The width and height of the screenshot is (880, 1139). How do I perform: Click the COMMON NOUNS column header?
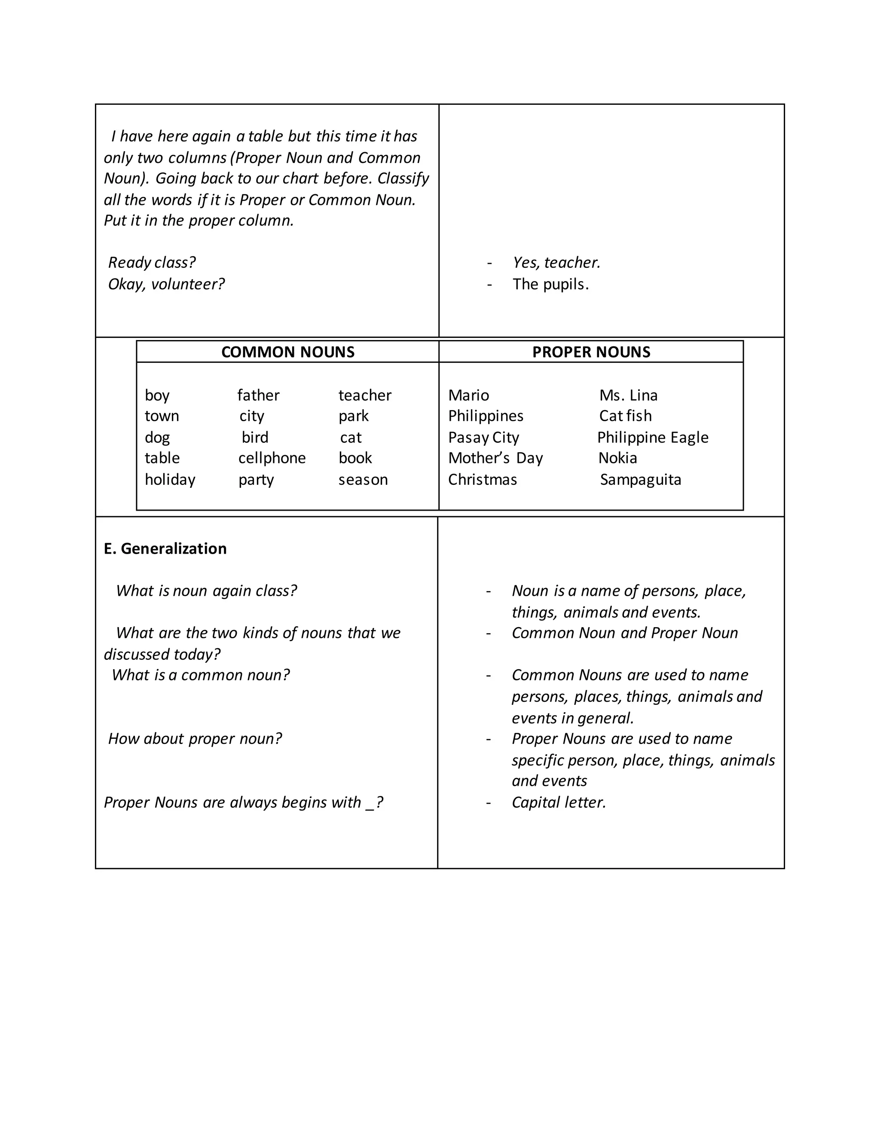(x=288, y=352)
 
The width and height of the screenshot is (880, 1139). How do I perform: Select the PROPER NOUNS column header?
(x=591, y=352)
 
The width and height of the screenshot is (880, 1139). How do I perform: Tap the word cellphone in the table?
(x=272, y=458)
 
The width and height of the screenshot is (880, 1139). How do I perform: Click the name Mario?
(x=468, y=395)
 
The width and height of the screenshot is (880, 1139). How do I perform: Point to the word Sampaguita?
(x=640, y=479)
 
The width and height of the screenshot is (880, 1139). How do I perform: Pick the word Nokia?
(x=618, y=458)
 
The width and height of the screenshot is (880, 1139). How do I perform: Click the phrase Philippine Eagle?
(x=653, y=437)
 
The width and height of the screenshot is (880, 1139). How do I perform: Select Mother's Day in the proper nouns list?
(x=495, y=458)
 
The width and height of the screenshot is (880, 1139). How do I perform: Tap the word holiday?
(x=170, y=479)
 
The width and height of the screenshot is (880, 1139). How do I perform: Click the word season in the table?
(x=363, y=479)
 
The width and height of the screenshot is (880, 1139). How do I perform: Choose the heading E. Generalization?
(x=165, y=548)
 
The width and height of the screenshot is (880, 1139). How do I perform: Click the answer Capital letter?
(x=559, y=802)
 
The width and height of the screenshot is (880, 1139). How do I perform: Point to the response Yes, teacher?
(x=556, y=262)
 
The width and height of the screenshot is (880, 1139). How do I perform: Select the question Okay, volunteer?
(x=166, y=284)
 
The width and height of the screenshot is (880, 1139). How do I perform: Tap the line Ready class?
(x=152, y=262)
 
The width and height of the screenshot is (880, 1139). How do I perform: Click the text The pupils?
(x=550, y=284)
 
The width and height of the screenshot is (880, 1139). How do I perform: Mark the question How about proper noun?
(x=195, y=738)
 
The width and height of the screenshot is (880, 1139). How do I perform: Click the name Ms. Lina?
(x=628, y=395)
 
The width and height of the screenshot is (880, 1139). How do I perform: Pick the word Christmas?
(x=482, y=479)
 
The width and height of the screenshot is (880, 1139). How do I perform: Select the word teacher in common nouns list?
(x=364, y=395)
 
